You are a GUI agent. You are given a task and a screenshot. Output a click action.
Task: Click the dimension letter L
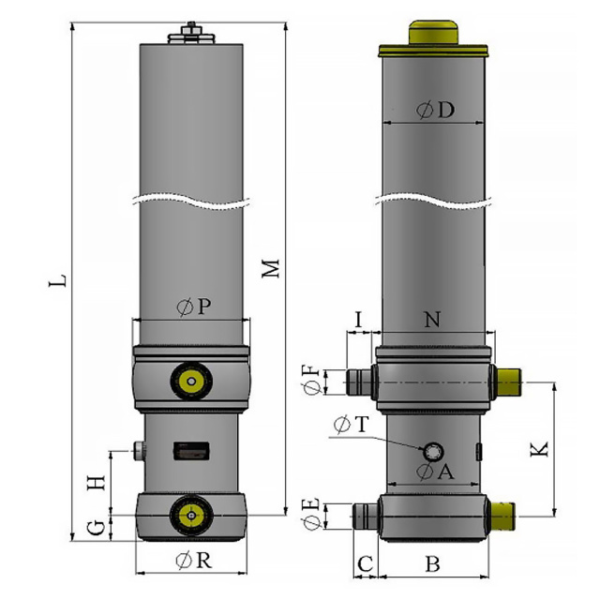(x=58, y=280)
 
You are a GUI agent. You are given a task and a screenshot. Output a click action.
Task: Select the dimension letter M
(x=271, y=269)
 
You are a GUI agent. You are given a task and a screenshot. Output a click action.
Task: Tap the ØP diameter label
(x=194, y=307)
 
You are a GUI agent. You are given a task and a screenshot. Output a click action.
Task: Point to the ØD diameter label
(x=435, y=111)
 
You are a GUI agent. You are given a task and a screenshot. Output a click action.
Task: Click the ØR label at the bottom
(x=194, y=561)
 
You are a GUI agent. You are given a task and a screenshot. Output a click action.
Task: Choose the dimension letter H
(x=96, y=483)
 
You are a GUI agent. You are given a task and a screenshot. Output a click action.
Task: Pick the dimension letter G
(x=96, y=529)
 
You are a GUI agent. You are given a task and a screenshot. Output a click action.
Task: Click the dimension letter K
(x=539, y=449)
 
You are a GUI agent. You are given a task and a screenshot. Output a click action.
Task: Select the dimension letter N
(x=432, y=320)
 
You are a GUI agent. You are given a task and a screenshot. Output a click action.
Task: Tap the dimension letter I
(x=358, y=320)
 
